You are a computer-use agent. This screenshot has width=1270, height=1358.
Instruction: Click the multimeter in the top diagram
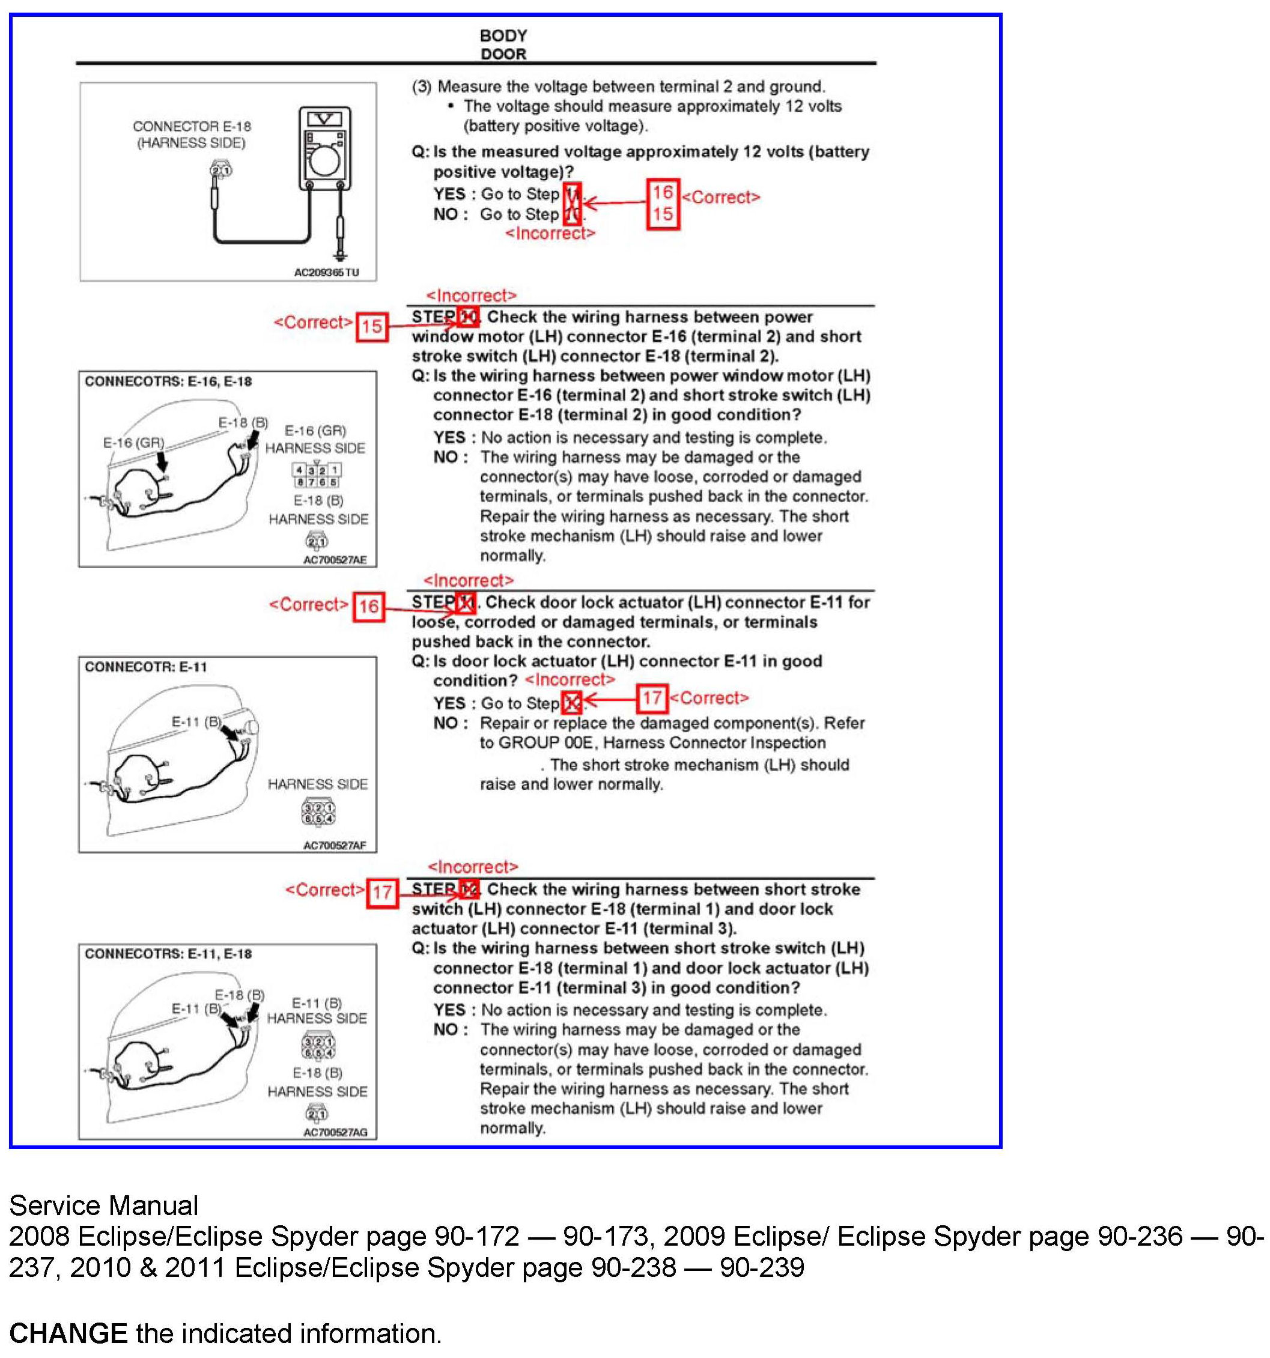[x=324, y=148]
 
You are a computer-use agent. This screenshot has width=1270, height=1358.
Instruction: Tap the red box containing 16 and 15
[x=663, y=204]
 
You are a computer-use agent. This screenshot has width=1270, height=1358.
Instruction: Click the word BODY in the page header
[x=503, y=35]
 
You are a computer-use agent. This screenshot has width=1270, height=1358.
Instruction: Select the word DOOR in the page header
[x=503, y=54]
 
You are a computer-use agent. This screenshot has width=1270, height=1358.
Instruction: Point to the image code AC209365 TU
[x=326, y=273]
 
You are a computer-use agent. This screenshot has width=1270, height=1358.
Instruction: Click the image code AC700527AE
[x=335, y=560]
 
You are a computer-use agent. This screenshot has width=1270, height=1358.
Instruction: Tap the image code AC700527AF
[x=335, y=846]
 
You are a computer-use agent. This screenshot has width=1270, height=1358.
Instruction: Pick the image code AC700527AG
[x=335, y=1133]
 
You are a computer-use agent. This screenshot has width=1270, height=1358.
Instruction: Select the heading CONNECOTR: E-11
[x=145, y=667]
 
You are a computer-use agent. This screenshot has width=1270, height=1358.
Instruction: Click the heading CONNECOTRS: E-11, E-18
[x=168, y=954]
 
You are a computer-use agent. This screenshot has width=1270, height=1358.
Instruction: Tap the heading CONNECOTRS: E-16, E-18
[x=168, y=381]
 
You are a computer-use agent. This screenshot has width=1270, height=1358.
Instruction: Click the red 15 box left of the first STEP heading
[x=372, y=326]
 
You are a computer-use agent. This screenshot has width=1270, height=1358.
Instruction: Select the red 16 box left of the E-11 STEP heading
[x=369, y=607]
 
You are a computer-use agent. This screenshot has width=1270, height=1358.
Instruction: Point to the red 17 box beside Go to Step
[x=652, y=698]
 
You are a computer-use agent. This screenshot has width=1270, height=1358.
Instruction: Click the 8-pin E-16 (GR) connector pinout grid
[x=317, y=476]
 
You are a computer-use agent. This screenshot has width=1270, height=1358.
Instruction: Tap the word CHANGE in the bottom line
[x=68, y=1333]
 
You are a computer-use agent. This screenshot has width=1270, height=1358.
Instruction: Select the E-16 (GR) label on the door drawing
[x=134, y=443]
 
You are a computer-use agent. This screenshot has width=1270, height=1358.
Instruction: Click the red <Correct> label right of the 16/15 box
[x=722, y=198]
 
